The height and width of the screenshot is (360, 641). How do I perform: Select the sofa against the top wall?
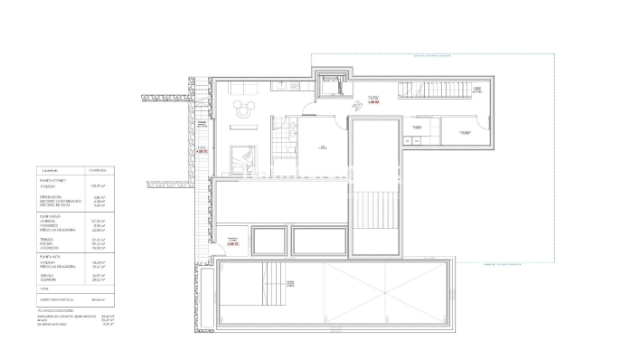pos(242,88)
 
